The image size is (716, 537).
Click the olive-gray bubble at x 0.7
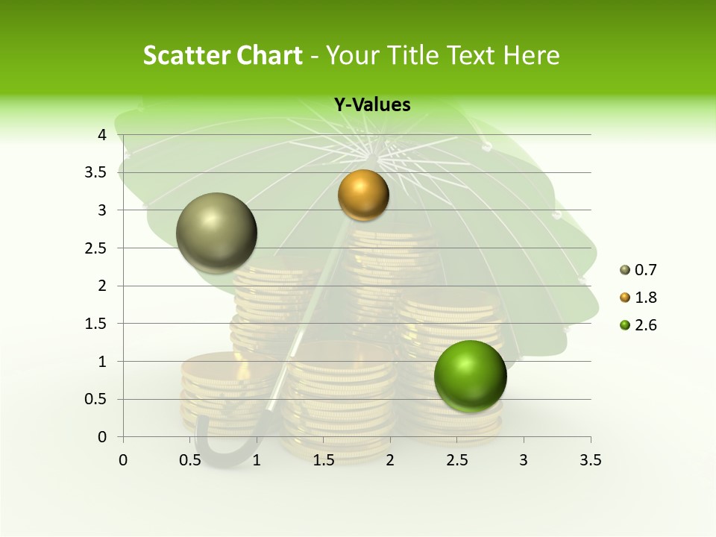(x=217, y=233)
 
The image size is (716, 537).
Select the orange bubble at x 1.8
(x=363, y=195)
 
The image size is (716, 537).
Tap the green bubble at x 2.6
(x=470, y=376)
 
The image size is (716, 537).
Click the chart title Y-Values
(x=372, y=105)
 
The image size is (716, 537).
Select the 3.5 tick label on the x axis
(x=590, y=460)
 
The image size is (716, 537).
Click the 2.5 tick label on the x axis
(x=456, y=460)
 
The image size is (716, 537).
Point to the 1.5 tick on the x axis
(x=323, y=460)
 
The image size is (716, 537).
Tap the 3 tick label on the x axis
(x=524, y=460)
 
